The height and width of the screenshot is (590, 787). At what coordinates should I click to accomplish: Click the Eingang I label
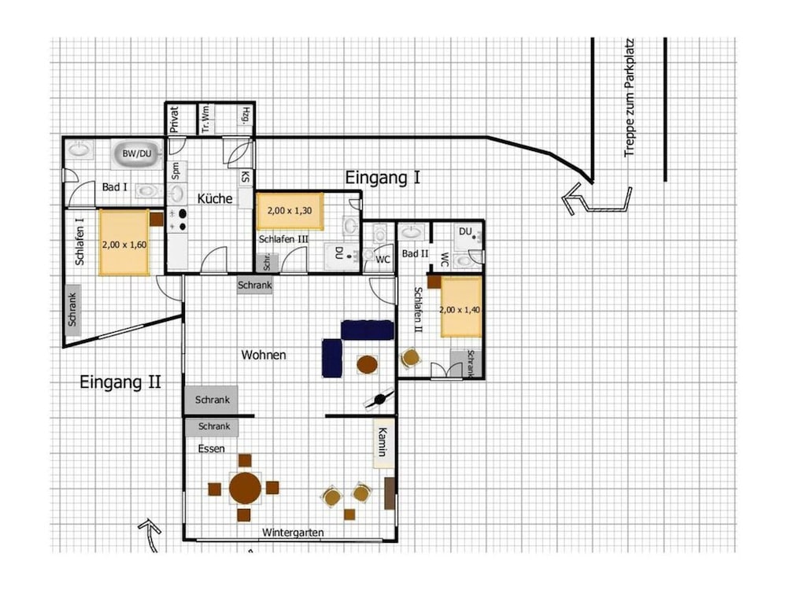pos(382,178)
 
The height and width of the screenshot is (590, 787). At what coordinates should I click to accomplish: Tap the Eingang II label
pos(120,382)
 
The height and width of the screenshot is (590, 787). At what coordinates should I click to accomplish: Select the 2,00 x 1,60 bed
pos(124,243)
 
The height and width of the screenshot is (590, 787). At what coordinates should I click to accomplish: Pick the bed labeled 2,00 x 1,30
pos(290,211)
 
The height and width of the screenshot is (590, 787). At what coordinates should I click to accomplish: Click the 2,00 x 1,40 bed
pos(460,307)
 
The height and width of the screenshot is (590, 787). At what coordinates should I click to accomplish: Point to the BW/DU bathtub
pos(137,153)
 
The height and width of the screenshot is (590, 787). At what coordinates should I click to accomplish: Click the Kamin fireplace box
pos(383,443)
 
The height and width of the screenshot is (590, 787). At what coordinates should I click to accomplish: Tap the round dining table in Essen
pos(246,488)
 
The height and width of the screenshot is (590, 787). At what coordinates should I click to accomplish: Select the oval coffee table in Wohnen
pos(368,364)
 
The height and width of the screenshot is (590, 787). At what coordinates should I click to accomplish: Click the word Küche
pos(215,199)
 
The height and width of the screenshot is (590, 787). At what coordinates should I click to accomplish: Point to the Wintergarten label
pos(293,533)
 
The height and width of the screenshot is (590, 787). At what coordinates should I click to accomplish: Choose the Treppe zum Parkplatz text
pos(630,98)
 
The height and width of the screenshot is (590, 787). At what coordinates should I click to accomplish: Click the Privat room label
pos(174,119)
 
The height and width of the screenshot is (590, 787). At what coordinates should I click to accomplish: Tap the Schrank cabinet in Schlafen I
pos(72,310)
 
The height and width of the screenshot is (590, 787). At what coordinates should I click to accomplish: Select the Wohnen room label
pos(264,355)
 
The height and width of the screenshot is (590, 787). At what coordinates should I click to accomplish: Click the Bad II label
pos(415,253)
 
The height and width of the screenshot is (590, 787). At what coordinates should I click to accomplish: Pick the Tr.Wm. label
pos(205,120)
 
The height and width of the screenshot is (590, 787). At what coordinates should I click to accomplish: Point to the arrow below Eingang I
pos(597,199)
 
